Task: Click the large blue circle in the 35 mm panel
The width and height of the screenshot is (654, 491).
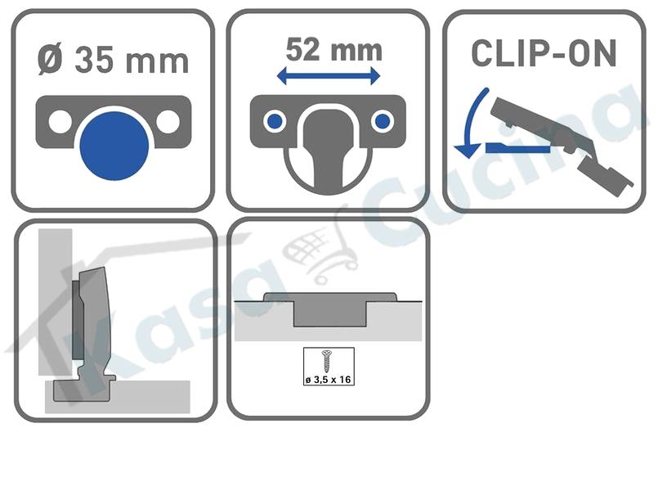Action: click(x=114, y=146)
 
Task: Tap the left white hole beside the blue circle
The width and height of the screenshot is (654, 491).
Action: click(x=60, y=121)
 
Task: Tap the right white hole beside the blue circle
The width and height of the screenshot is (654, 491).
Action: click(x=168, y=121)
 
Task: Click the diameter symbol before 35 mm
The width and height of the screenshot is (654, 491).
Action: click(x=51, y=61)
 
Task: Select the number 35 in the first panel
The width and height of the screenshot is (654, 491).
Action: click(x=94, y=61)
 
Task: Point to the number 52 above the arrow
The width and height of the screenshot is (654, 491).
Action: click(x=302, y=50)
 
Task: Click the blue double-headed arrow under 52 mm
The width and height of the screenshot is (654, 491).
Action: click(x=329, y=76)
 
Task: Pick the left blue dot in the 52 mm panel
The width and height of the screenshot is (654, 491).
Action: click(x=275, y=121)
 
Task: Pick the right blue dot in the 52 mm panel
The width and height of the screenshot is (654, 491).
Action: click(x=383, y=121)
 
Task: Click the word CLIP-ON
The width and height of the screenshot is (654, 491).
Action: click(x=544, y=53)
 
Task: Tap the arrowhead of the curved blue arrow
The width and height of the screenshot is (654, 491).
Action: click(x=467, y=151)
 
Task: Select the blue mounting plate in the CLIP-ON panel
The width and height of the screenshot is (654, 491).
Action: click(x=518, y=147)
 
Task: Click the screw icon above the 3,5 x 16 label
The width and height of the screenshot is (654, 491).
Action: click(x=328, y=362)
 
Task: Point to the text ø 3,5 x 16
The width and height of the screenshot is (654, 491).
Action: click(x=329, y=380)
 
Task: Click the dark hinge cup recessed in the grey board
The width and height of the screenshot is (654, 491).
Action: click(x=330, y=309)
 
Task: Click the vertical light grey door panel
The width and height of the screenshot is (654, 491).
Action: click(x=55, y=301)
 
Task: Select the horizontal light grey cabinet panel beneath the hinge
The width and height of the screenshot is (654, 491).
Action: click(x=118, y=397)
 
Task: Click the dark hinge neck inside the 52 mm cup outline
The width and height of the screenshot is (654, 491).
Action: click(x=329, y=146)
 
